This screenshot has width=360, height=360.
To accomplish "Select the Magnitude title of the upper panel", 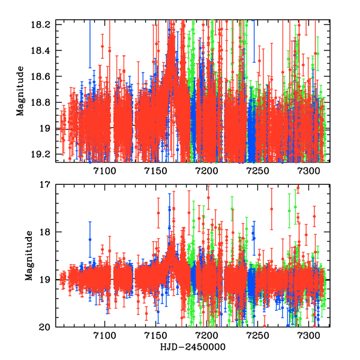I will point(21,91).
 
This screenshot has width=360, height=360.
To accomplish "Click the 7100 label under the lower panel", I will point(104,337).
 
